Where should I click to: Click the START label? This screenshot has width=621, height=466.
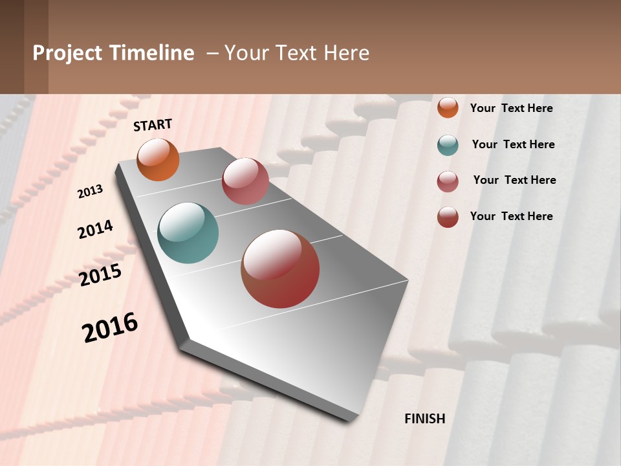(x=153, y=125)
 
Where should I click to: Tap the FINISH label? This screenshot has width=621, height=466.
(x=425, y=419)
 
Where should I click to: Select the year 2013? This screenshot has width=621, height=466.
(x=91, y=192)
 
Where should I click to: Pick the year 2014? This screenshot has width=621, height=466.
(x=95, y=230)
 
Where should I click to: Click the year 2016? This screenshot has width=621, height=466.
(x=110, y=327)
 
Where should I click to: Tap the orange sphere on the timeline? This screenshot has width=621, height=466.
(x=158, y=160)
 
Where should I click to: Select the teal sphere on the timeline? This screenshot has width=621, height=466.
(x=188, y=233)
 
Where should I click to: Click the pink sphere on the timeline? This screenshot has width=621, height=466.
(x=245, y=181)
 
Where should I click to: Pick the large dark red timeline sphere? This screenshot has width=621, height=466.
(x=280, y=269)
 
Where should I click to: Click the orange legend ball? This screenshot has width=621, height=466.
(x=448, y=107)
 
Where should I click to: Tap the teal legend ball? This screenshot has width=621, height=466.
(x=448, y=145)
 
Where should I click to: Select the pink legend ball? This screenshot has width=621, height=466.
(x=448, y=181)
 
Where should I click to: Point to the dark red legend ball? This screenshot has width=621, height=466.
(x=448, y=217)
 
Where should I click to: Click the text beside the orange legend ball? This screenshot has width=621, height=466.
(x=511, y=108)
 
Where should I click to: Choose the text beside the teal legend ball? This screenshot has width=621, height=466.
(x=513, y=144)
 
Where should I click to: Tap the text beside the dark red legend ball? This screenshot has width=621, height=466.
(x=511, y=216)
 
